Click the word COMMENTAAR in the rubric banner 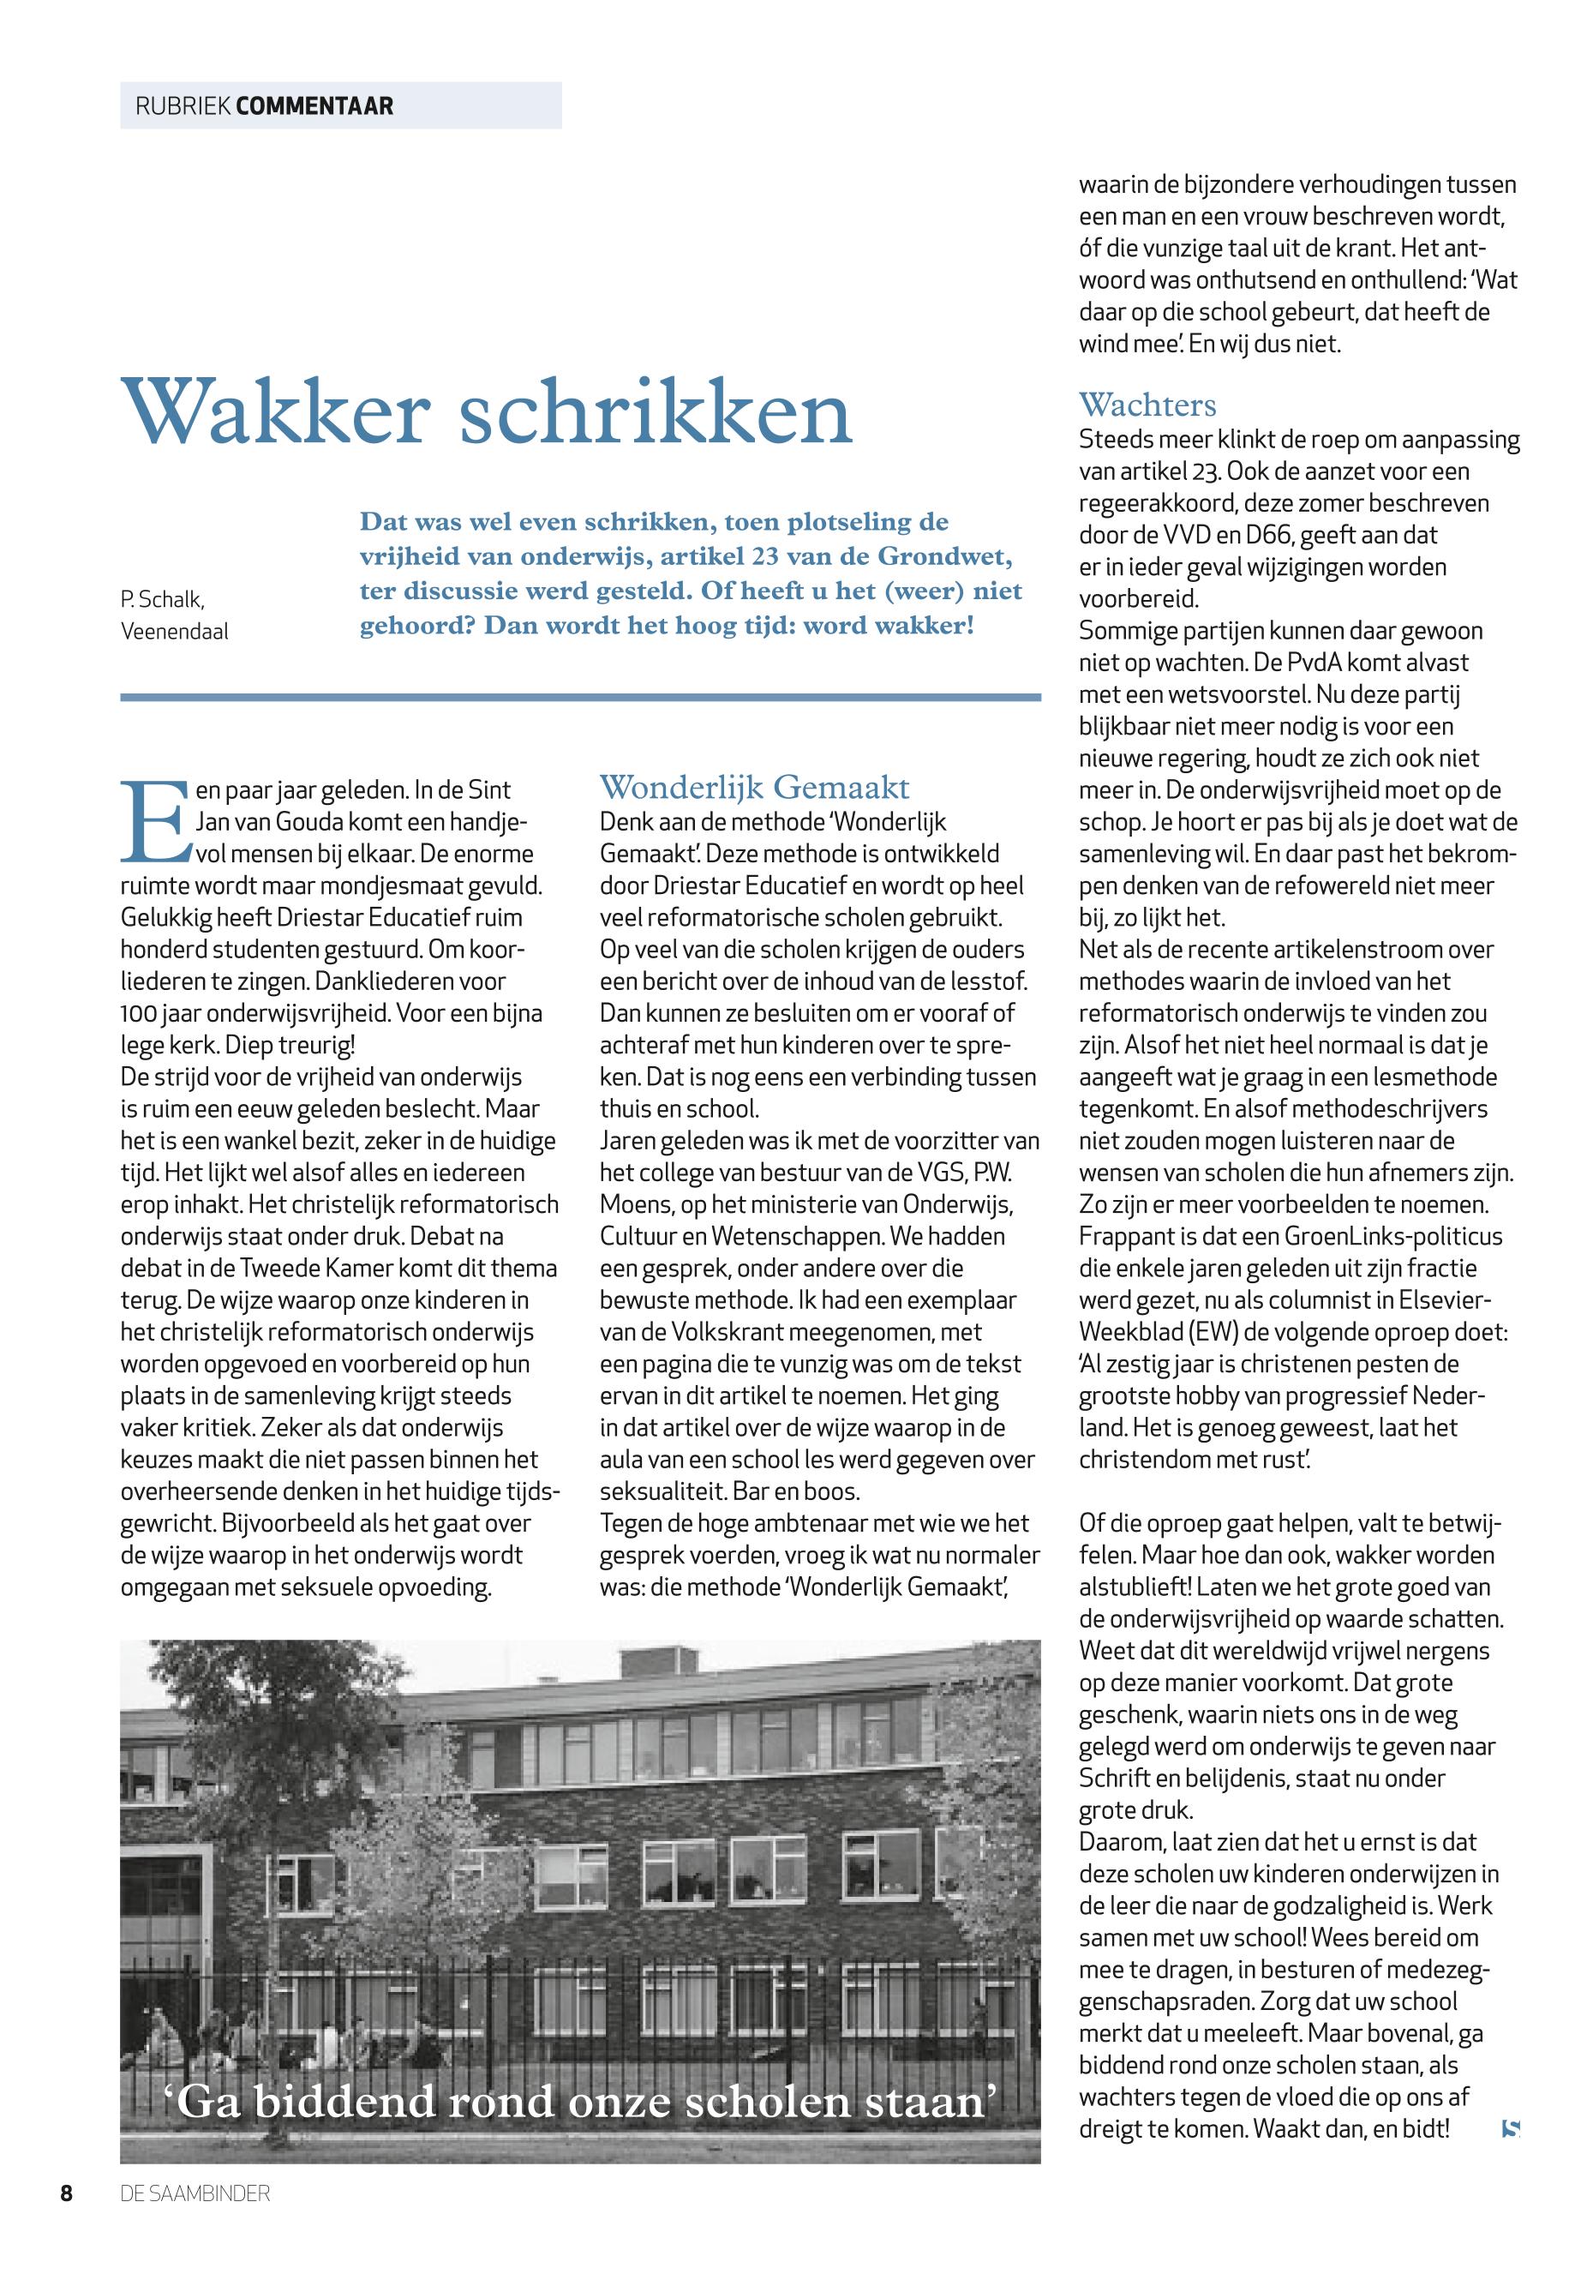click(315, 106)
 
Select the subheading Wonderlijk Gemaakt click(754, 788)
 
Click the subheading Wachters click(1147, 405)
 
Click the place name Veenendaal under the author click(174, 631)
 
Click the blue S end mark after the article click(1510, 2127)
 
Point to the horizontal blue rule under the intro click(580, 698)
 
